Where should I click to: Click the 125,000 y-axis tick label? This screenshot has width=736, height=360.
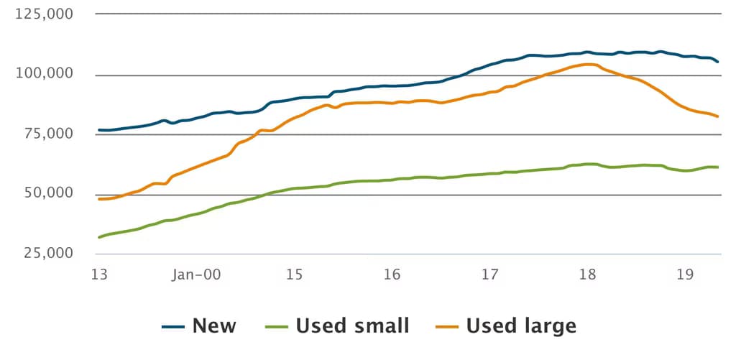tap(44, 14)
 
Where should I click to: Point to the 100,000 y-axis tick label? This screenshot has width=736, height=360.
tap(44, 74)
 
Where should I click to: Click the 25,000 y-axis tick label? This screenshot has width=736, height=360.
tap(48, 254)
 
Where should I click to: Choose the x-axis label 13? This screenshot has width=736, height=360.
tap(99, 274)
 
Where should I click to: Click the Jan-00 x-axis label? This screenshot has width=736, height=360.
tap(195, 274)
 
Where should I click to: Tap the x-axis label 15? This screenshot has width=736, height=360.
tap(294, 274)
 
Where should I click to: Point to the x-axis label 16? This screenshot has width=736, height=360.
tap(392, 274)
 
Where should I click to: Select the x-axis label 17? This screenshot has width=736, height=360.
tap(489, 274)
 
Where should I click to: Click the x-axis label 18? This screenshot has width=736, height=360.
tap(587, 274)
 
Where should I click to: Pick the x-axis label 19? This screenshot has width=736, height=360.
tap(685, 274)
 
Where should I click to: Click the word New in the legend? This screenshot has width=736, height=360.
tap(214, 326)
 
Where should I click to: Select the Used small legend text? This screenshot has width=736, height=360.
tap(352, 326)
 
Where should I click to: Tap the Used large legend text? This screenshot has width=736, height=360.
tap(521, 326)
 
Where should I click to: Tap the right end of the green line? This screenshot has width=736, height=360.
tap(718, 167)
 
